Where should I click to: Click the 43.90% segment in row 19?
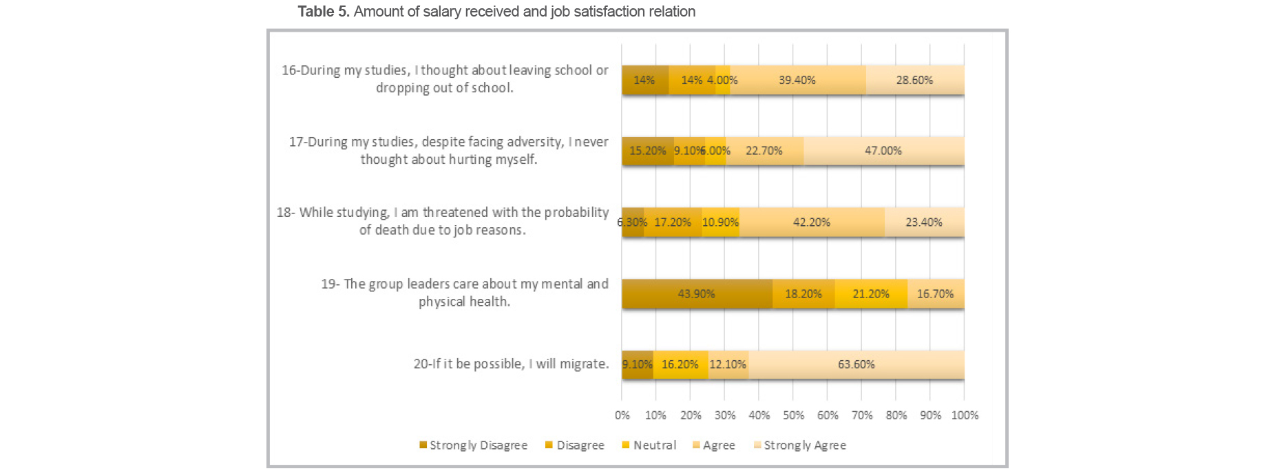coord(696,294)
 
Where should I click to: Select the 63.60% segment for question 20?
coord(856,364)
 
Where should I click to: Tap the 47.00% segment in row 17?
coord(883,151)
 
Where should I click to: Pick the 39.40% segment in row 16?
coord(797,80)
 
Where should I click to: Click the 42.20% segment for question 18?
coord(811,222)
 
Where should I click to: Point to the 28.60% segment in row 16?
coord(914,80)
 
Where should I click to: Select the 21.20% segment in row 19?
coord(870,294)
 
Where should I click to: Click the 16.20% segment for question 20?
coord(680,364)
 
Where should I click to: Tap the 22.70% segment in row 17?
coord(764,151)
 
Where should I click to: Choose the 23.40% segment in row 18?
coord(923,222)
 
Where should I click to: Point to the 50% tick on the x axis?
coord(793,415)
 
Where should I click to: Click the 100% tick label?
coord(964,415)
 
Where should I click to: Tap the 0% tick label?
coord(622,415)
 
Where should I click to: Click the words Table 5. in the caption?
coord(323,12)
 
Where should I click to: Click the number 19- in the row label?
coord(330,284)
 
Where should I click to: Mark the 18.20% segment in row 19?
coord(803,294)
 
